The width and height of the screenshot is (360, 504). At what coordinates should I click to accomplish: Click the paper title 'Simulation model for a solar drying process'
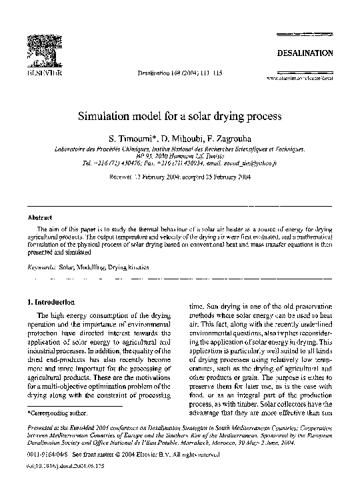tap(180, 115)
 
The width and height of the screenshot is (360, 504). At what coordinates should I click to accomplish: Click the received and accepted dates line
tap(180, 179)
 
